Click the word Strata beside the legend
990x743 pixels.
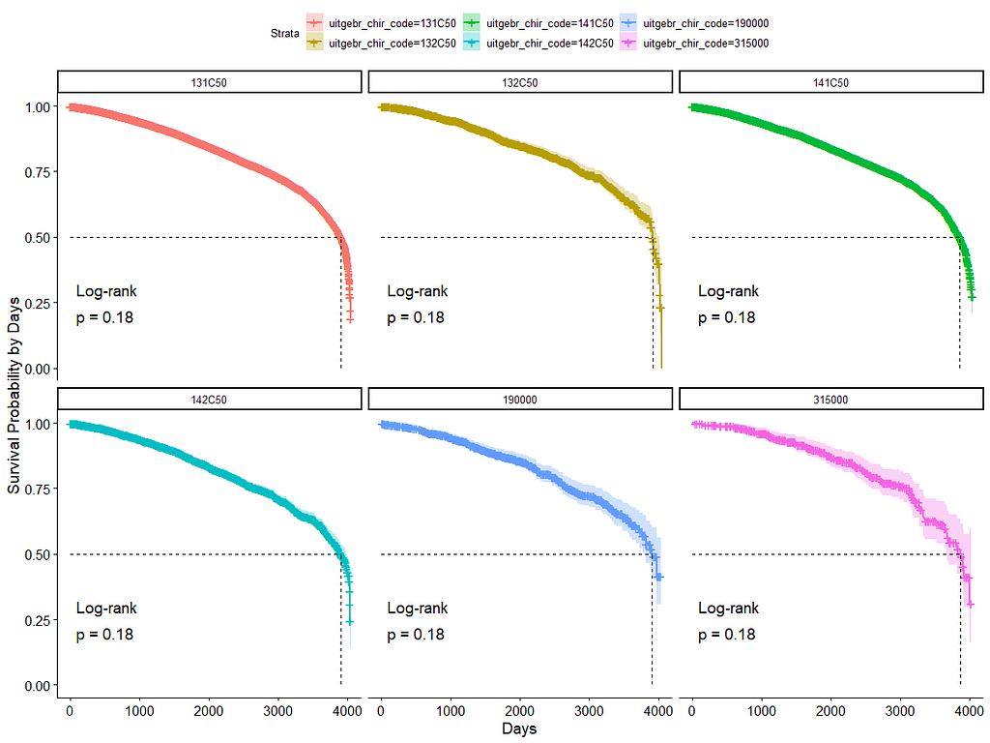[x=285, y=33]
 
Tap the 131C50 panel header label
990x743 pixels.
[x=209, y=82]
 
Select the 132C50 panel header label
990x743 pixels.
[x=520, y=82]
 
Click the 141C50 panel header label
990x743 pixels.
[x=830, y=82]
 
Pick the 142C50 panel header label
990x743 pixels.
[x=209, y=399]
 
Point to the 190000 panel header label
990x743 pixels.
[x=520, y=399]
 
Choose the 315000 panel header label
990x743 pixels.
[x=830, y=399]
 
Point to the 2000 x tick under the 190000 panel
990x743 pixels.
[x=519, y=711]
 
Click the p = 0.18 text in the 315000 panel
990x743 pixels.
[x=726, y=635]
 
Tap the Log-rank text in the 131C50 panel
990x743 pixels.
[x=106, y=291]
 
